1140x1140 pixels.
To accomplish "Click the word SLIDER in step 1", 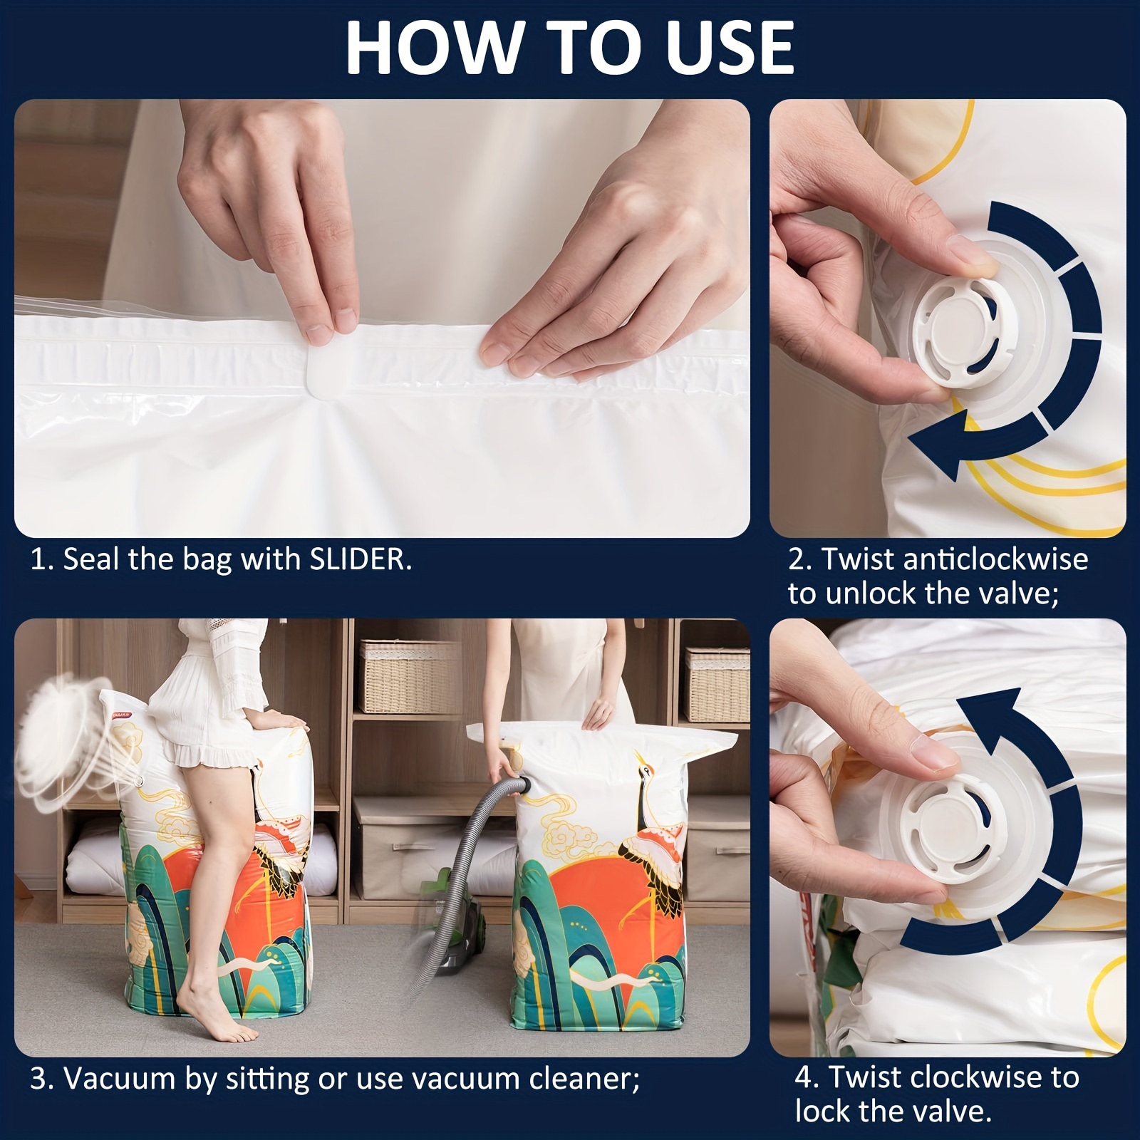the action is tap(361, 560).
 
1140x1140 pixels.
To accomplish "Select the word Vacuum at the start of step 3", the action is tap(117, 1078).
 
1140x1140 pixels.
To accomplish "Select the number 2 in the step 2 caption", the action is tap(796, 560).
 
